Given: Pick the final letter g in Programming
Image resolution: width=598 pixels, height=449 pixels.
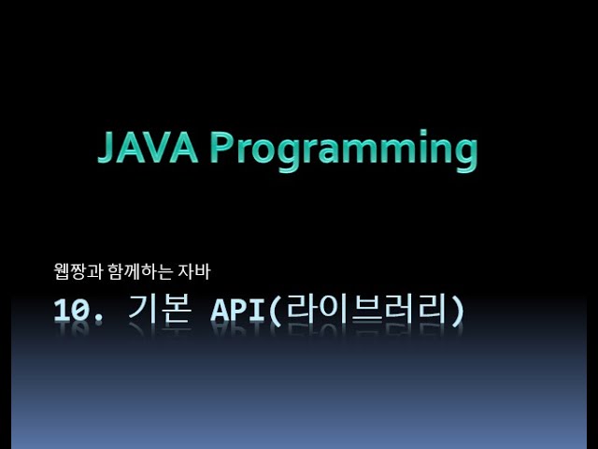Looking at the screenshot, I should point(463,153).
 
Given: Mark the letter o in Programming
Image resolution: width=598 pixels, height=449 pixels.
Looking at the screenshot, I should point(267,152).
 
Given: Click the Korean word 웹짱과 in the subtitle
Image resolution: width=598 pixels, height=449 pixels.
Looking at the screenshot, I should point(76,273).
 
